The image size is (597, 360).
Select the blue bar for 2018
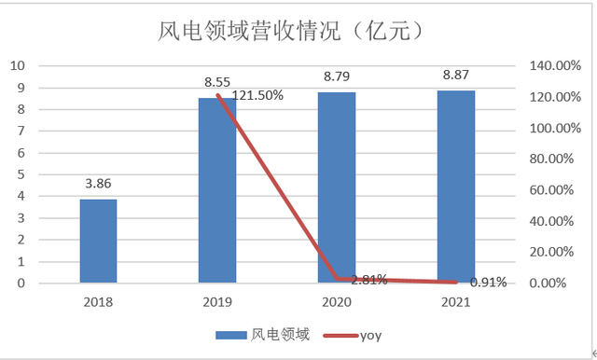(x=98, y=241)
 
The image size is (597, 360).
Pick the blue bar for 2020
(x=337, y=187)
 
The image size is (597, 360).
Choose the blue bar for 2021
(x=456, y=187)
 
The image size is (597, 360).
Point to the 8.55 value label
(x=217, y=82)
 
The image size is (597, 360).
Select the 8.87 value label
(x=456, y=76)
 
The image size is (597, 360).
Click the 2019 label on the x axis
(x=217, y=302)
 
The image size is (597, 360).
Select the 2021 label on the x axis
(x=456, y=302)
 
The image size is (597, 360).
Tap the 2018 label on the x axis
(x=98, y=302)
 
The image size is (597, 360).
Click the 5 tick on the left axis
(x=21, y=174)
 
